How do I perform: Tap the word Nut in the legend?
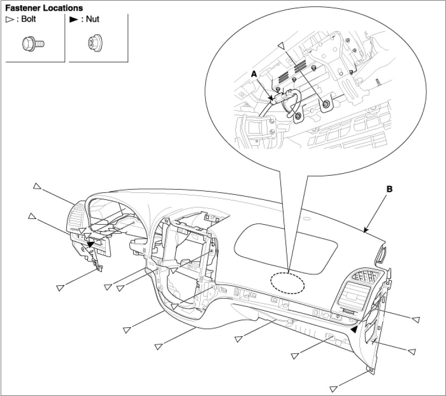(93, 20)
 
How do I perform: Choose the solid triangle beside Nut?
(73, 20)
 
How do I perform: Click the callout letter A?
(254, 73)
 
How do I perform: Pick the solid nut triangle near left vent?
(90, 244)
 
